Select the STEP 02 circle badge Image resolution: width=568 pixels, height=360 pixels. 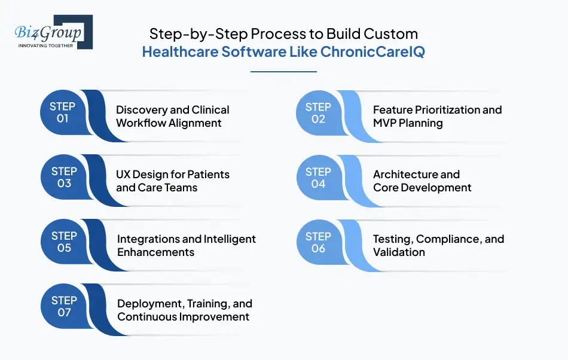(318, 112)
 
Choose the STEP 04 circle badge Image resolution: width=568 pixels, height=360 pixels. (318, 178)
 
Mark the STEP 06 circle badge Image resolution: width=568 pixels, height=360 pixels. (318, 242)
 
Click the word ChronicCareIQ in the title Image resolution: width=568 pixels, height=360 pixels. (372, 51)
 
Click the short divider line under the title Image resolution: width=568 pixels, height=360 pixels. (283, 72)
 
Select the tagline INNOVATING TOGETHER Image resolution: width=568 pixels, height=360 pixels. (46, 45)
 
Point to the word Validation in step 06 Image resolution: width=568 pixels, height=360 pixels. (399, 252)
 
